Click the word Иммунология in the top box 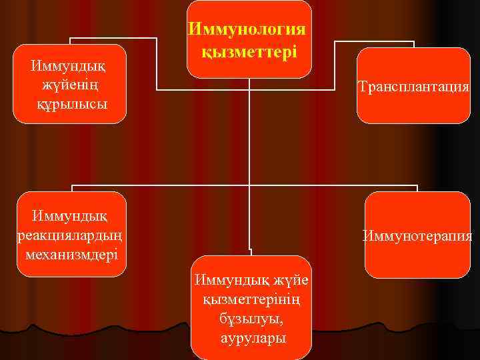click(x=249, y=30)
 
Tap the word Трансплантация click(x=413, y=87)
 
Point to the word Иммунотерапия click(x=417, y=235)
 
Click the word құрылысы click(x=71, y=105)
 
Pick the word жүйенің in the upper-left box click(x=71, y=85)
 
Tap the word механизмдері click(x=71, y=254)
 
